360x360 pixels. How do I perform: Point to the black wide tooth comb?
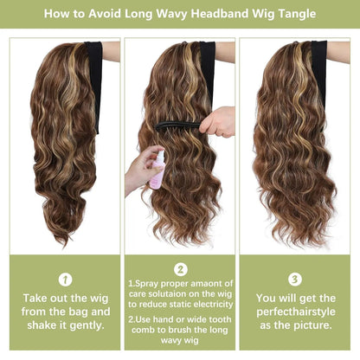[177, 125]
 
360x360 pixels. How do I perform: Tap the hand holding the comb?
[217, 120]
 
